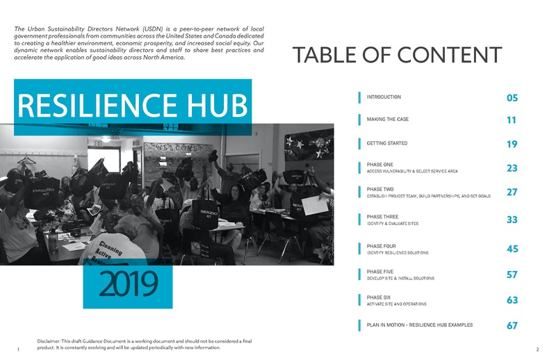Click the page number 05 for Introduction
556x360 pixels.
coord(512,98)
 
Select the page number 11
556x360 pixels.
coord(512,120)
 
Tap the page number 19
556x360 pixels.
coord(512,144)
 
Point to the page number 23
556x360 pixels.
coord(512,167)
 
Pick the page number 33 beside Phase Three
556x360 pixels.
coord(512,220)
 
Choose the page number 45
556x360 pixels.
coord(512,249)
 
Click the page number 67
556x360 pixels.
coord(512,325)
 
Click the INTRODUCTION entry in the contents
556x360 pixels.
coord(384,97)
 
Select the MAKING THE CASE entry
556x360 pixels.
coord(388,120)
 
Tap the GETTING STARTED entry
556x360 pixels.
coord(387,143)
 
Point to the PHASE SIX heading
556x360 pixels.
coord(379,297)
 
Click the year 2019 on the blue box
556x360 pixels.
coord(128,281)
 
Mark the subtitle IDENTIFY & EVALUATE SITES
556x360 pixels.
coord(392,224)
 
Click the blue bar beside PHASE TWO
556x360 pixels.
coord(359,192)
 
